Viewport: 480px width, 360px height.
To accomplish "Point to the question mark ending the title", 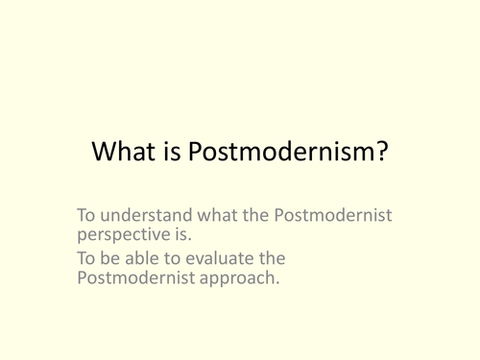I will pyautogui.click(x=381, y=153).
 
